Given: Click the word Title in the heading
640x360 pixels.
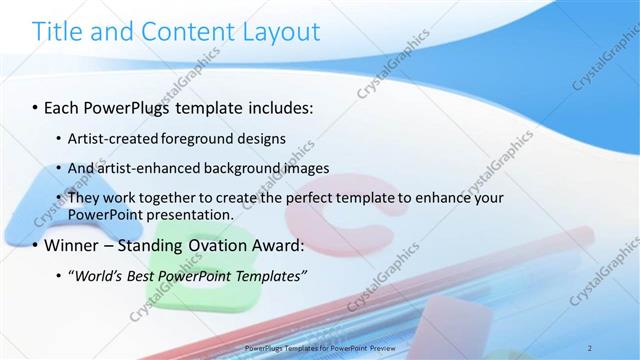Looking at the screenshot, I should pos(58,32).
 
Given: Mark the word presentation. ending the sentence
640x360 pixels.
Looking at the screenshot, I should pos(193,214).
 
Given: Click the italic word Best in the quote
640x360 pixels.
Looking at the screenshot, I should pos(143,275).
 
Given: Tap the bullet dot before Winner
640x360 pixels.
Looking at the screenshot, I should pos(36,246).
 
